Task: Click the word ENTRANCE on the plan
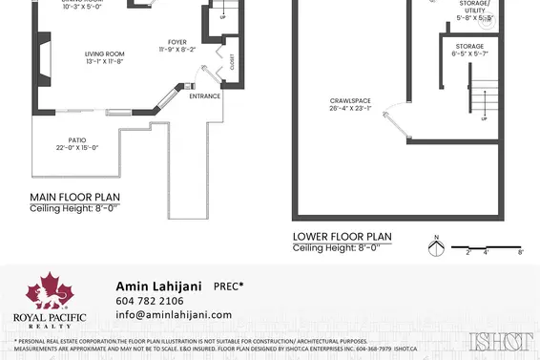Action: tap(204, 96)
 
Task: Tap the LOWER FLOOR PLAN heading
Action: tap(341, 238)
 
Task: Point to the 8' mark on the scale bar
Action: tap(519, 252)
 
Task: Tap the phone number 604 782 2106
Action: tap(150, 301)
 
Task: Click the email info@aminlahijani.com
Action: tap(173, 314)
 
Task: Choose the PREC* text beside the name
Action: tap(228, 286)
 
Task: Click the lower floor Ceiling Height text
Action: tap(336, 248)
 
